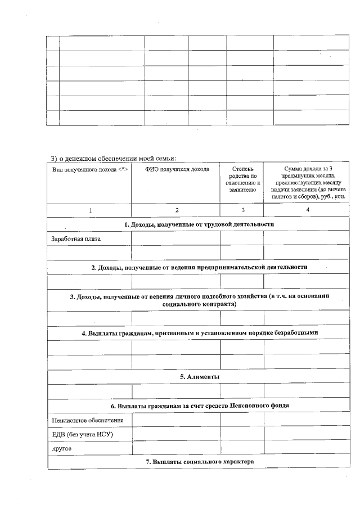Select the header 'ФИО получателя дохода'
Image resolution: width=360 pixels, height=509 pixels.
click(x=177, y=169)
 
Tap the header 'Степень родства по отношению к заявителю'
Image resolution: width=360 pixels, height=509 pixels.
click(x=242, y=179)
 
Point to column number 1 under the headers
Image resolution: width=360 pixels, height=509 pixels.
click(x=90, y=210)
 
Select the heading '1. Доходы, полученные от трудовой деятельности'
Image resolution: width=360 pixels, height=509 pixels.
click(x=199, y=224)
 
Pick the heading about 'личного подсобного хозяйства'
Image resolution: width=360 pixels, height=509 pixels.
click(x=199, y=300)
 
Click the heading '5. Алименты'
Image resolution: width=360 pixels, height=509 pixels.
click(x=199, y=376)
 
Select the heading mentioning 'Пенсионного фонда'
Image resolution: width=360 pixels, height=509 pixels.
click(x=199, y=406)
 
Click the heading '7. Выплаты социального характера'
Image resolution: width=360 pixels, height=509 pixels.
click(x=199, y=462)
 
